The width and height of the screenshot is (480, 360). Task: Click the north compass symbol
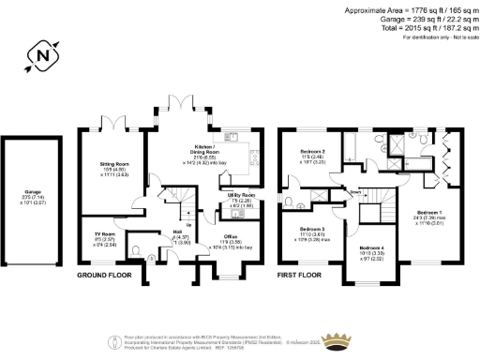point(40,56)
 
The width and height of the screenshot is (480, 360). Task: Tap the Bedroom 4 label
point(374,248)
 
